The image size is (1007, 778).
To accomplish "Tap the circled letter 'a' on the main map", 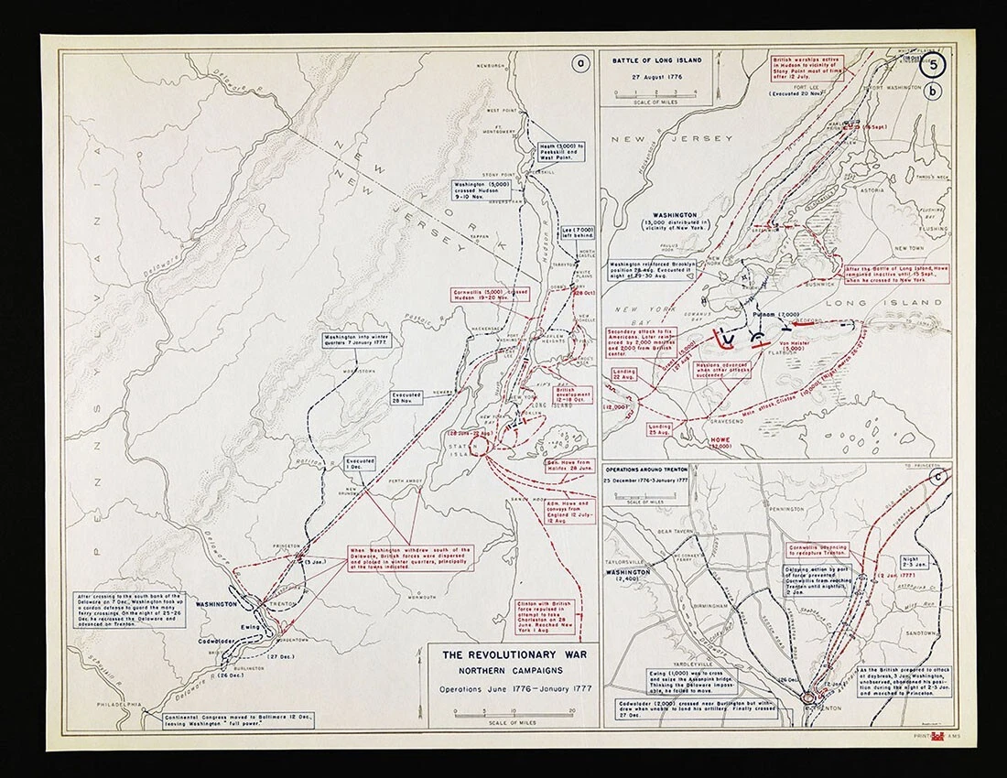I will (578, 64).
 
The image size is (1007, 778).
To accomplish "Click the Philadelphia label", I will (119, 704).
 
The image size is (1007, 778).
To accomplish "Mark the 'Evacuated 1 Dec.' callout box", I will (362, 464).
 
